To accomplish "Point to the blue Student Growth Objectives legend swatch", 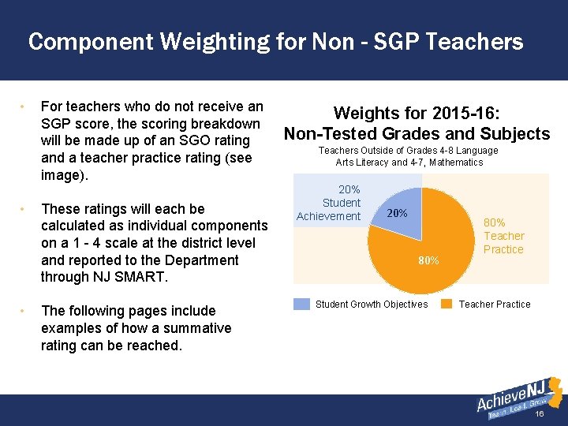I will tap(301, 305).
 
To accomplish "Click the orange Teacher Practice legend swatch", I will tap(447, 305).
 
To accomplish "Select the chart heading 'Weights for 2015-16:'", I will tap(416, 114).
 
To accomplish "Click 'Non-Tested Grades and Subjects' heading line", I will tap(417, 133).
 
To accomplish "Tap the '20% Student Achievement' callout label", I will tap(329, 204).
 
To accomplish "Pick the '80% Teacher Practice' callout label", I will tap(503, 236).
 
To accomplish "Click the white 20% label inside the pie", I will tap(398, 214).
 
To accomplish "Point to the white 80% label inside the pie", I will tap(428, 260).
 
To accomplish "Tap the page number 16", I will tap(540, 415).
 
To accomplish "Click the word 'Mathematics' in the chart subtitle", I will tap(458, 163).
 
